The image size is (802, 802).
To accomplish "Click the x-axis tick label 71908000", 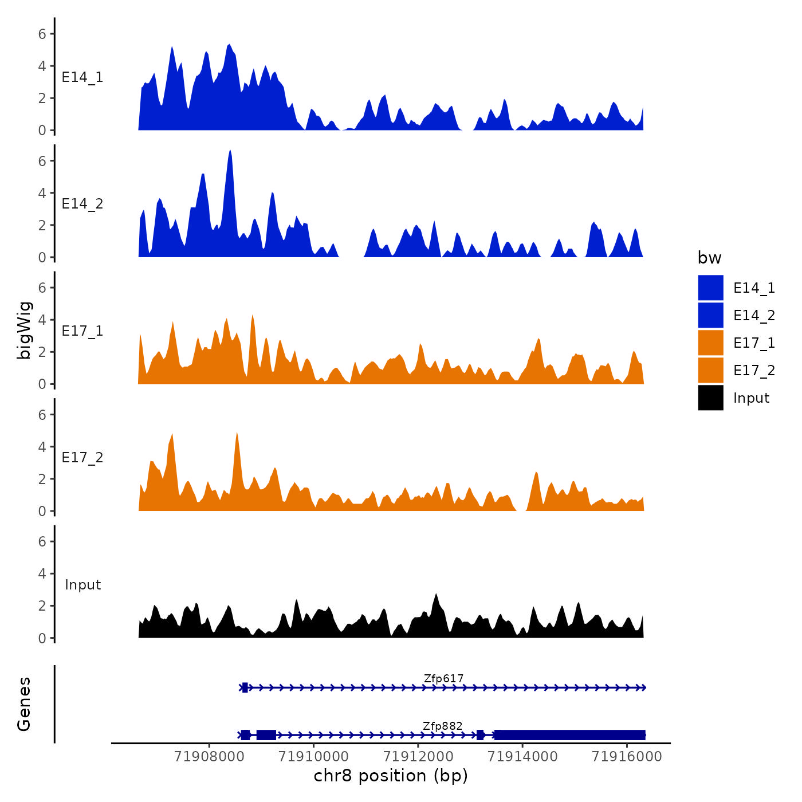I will (209, 757).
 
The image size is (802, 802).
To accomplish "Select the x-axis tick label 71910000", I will (313, 757).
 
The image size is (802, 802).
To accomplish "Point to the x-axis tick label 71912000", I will (418, 757).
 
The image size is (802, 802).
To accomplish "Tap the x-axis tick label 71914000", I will (522, 757).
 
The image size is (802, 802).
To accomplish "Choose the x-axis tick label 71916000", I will (627, 757).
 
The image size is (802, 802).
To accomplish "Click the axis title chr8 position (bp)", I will (391, 776).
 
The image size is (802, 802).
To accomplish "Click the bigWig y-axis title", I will (25, 330).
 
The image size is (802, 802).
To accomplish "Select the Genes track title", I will (24, 704).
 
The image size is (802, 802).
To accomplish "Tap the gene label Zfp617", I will (443, 679).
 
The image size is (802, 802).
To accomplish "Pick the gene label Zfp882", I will (442, 726).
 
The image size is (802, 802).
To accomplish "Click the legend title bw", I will (709, 258).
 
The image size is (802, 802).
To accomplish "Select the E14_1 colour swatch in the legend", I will (710, 288).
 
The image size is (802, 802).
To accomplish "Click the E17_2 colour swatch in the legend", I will (710, 370).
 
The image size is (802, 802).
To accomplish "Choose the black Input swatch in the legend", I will (710, 398).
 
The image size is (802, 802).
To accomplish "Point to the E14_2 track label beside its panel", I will (82, 204).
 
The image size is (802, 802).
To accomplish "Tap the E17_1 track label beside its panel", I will (82, 331).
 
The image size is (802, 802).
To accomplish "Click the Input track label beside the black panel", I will (82, 585).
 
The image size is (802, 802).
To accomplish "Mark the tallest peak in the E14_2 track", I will (230, 152).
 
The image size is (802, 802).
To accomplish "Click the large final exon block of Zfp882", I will (569, 735).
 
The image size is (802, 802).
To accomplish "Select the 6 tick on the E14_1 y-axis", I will (42, 34).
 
